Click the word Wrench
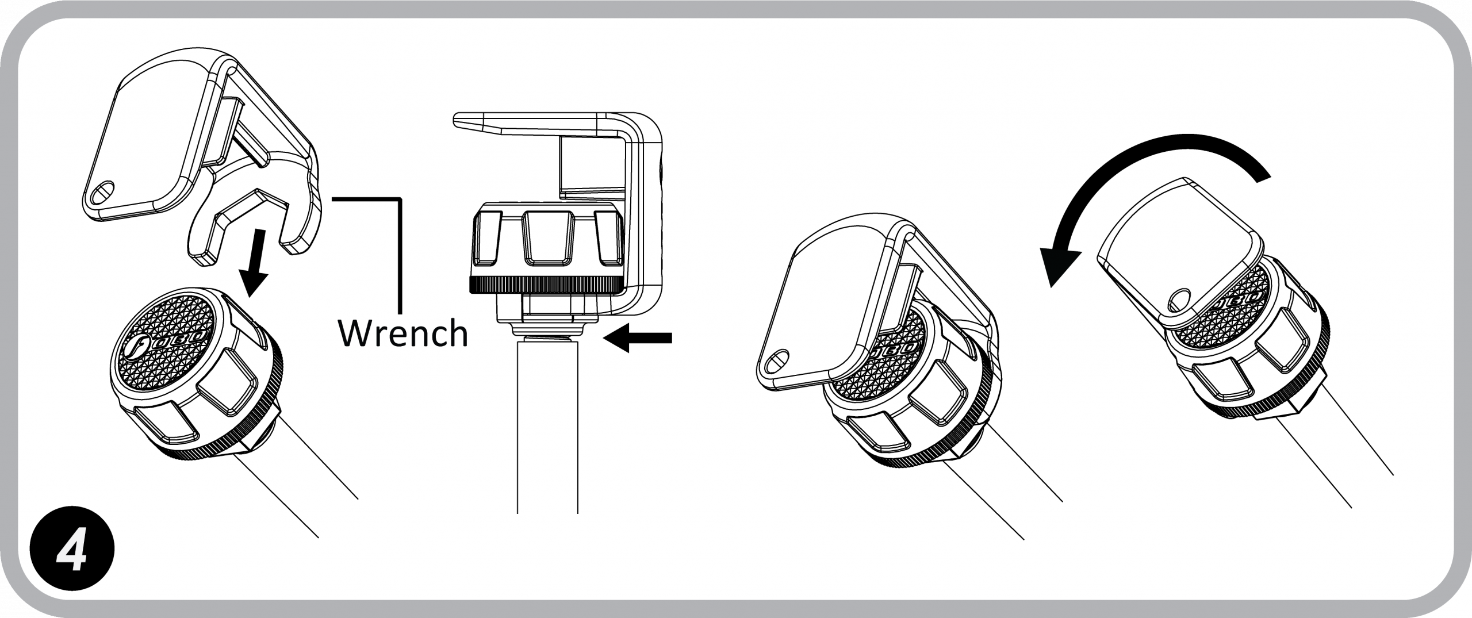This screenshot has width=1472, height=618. coord(402,333)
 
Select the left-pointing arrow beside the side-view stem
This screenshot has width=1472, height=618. coord(639,339)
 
